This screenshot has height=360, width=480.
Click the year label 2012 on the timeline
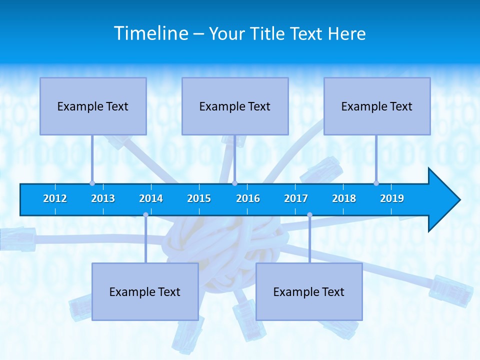(55, 198)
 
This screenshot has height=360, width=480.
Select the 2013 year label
(103, 198)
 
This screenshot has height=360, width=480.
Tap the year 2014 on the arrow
(151, 198)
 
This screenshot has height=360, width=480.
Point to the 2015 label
(199, 198)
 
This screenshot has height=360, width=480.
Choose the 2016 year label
(248, 198)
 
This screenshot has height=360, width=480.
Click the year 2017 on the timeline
(296, 198)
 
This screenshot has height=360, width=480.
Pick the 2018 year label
(344, 198)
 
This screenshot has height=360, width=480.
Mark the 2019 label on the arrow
(392, 198)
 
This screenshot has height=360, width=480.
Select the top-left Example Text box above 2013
(93, 106)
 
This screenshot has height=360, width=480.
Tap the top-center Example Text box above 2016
(235, 106)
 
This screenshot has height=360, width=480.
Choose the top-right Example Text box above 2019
(377, 106)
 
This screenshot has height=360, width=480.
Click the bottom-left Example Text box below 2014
(145, 291)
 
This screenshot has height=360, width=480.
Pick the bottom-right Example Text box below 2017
(309, 291)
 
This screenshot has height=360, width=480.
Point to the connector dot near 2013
(92, 183)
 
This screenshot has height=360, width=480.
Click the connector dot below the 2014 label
(145, 214)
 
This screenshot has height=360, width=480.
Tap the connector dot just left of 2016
(234, 183)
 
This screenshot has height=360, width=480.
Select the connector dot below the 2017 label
(309, 214)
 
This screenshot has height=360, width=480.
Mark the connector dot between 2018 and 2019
(376, 183)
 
